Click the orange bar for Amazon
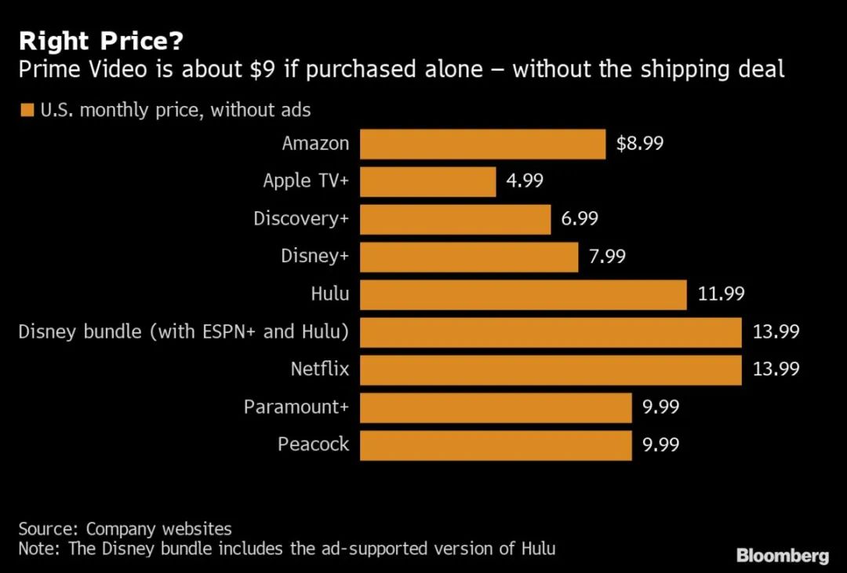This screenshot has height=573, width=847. click(x=482, y=144)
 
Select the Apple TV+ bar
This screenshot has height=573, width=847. click(x=427, y=181)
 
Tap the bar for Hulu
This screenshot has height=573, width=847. click(x=523, y=294)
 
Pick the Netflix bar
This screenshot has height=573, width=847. click(x=551, y=370)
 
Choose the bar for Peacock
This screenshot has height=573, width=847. click(x=496, y=445)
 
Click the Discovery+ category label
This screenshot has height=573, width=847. click(x=300, y=219)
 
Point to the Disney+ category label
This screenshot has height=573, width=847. click(x=314, y=257)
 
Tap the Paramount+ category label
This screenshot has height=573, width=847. click(x=296, y=407)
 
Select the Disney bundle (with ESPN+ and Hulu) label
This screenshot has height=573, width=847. click(x=184, y=332)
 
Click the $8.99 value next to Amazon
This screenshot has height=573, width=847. click(x=640, y=144)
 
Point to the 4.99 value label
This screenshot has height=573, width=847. click(x=525, y=181)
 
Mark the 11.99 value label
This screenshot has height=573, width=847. click(x=721, y=294)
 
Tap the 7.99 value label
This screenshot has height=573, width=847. click(x=607, y=257)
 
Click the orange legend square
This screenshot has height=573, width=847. click(x=27, y=111)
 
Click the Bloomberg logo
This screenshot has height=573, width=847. click(x=782, y=556)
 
